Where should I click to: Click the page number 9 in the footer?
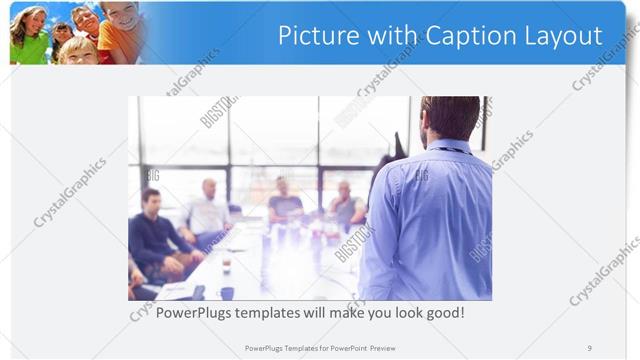click(x=589, y=347)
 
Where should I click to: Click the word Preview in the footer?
click(x=392, y=347)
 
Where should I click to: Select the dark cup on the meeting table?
click(x=227, y=292)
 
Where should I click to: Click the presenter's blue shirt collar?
click(x=446, y=146)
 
